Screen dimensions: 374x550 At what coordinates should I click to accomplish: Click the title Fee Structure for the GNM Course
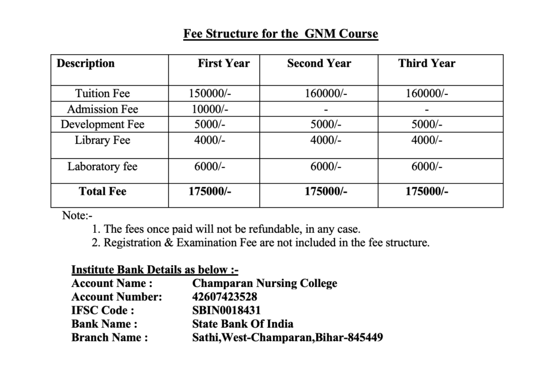pyautogui.click(x=280, y=34)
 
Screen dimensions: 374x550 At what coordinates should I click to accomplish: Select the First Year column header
pyautogui.click(x=223, y=63)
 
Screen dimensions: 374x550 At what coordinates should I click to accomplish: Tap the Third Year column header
pyautogui.click(x=426, y=63)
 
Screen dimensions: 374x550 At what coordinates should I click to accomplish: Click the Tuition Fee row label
pyautogui.click(x=102, y=93)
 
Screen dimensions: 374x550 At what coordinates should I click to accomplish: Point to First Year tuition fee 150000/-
pyautogui.click(x=210, y=93)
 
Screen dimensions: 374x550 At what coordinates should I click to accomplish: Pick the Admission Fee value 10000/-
pyautogui.click(x=210, y=109)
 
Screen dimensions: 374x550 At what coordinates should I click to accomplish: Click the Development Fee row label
pyautogui.click(x=102, y=125)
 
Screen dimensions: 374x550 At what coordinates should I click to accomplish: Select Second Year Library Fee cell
pyautogui.click(x=325, y=141)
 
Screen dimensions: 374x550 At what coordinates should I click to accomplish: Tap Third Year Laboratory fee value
pyautogui.click(x=427, y=166)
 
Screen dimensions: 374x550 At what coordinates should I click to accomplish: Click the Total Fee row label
pyautogui.click(x=102, y=191)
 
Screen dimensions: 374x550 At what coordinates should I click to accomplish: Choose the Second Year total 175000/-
pyautogui.click(x=325, y=191)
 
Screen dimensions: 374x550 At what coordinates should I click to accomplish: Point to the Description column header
pyautogui.click(x=85, y=63)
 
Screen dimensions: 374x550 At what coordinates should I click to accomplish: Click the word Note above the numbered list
pyautogui.click(x=75, y=216)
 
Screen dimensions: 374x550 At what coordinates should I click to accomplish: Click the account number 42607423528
pyautogui.click(x=225, y=297)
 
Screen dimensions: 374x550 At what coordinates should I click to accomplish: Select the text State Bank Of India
pyautogui.click(x=243, y=324)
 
